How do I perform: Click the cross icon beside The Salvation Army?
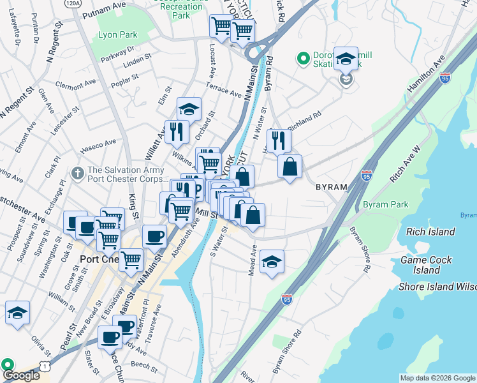point(78,173)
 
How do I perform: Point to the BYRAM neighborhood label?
point(332,187)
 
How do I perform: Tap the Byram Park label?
point(385,205)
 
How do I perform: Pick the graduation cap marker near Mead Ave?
point(272,261)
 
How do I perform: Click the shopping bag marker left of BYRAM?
point(290,167)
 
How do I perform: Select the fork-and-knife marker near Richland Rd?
point(279,140)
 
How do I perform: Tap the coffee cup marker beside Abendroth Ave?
point(154,236)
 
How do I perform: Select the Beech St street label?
point(143,366)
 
